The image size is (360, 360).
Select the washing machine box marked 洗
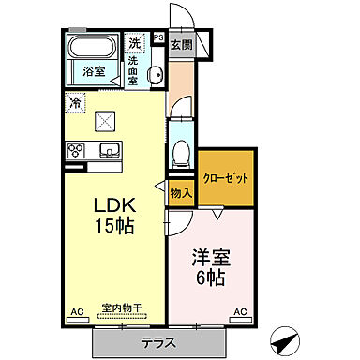[x=134, y=42]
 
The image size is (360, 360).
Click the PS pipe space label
[x=157, y=38]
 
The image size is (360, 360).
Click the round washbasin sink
[x=157, y=76]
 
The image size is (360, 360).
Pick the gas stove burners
[x=76, y=149]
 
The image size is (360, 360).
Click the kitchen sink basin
[x=106, y=149]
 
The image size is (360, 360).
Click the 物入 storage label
[x=181, y=192]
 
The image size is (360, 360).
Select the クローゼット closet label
[x=226, y=178]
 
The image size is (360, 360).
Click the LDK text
[x=112, y=208]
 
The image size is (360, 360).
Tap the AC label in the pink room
[x=239, y=310]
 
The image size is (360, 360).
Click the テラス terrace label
[x=160, y=342]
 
